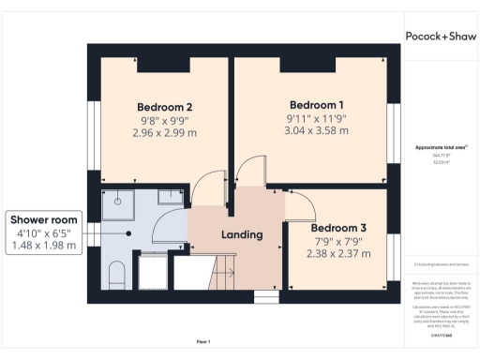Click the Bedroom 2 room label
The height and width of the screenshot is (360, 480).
(164, 106)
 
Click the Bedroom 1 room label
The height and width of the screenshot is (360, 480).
(316, 104)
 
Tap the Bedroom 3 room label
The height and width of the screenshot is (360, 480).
(338, 228)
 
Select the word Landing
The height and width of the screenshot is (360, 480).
(241, 234)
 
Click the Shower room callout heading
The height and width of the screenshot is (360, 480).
(43, 219)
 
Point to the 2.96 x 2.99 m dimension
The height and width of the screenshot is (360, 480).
(164, 134)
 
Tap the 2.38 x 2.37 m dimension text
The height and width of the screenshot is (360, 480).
(338, 254)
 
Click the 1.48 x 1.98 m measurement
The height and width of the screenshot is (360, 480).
(43, 246)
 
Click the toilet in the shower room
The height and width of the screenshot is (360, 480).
(116, 274)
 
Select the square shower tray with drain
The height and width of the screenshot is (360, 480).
(118, 200)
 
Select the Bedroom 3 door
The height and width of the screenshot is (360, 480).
(299, 209)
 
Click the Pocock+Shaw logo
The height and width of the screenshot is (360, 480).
(440, 36)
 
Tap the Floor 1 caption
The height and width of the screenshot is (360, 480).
(202, 341)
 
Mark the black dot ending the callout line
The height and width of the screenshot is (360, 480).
(127, 233)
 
